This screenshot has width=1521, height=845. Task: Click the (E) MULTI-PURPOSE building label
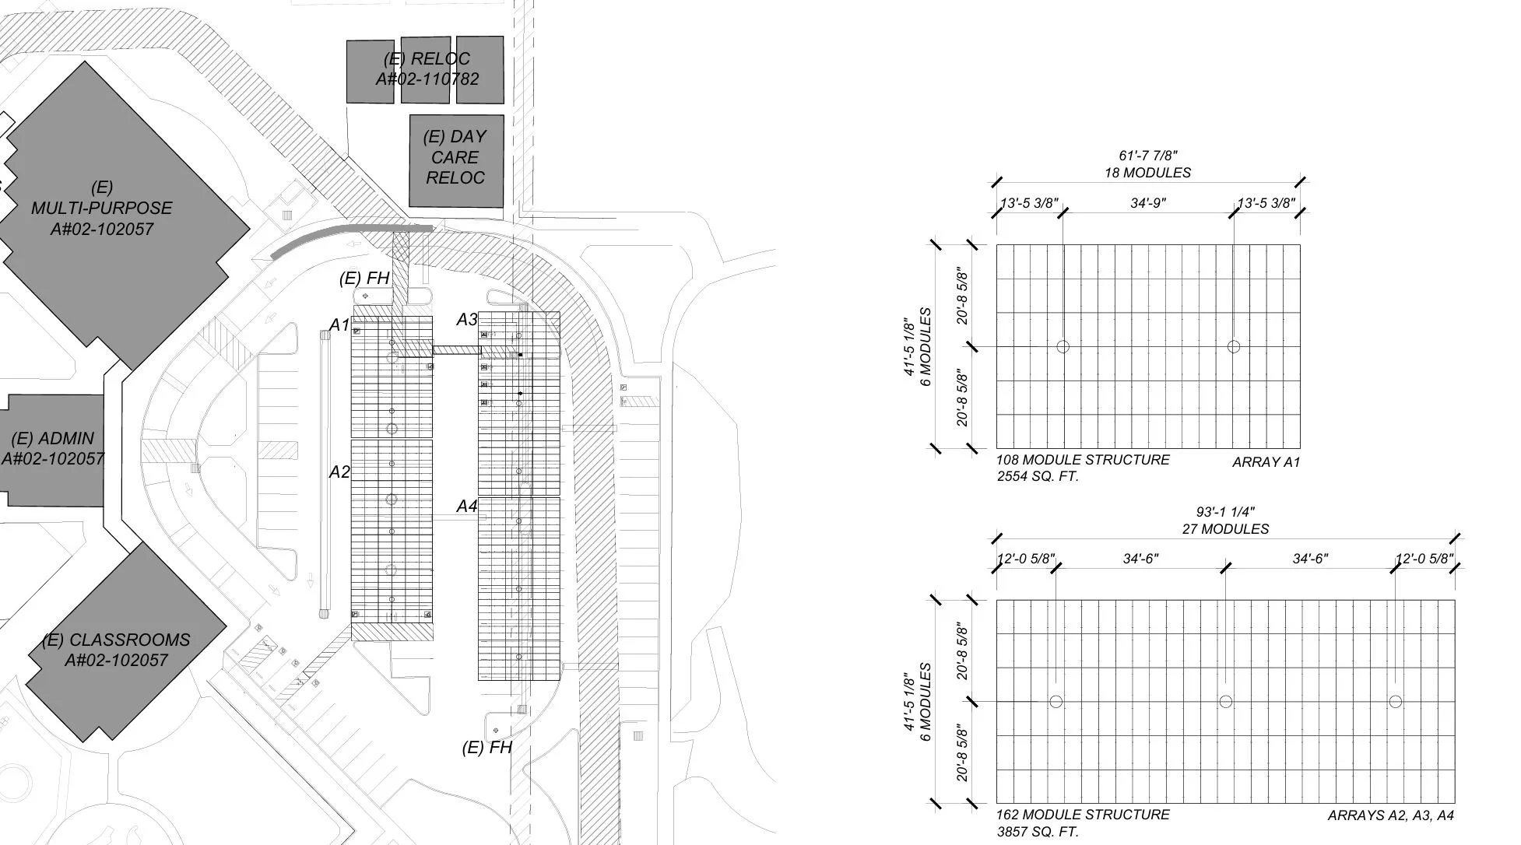point(101,209)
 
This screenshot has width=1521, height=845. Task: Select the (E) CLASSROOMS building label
point(116,650)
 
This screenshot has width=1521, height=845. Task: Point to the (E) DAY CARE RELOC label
point(455,157)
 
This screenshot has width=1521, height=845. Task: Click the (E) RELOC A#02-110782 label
point(427,68)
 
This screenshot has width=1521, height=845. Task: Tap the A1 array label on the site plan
point(339,324)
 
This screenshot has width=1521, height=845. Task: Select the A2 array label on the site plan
point(339,472)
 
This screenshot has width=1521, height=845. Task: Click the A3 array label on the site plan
point(466,319)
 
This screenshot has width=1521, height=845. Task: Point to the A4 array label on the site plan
point(466,506)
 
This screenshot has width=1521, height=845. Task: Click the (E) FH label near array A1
point(364,278)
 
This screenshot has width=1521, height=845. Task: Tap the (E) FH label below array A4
point(487,748)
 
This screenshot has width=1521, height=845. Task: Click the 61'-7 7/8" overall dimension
point(1148,156)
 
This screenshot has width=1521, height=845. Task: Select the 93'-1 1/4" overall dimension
point(1225,512)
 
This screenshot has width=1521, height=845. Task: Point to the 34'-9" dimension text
point(1148,203)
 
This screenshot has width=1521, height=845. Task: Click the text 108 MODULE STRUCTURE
point(1083,460)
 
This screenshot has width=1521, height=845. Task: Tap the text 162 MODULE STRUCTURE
point(1083,815)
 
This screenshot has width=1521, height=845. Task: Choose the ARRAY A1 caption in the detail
point(1266,462)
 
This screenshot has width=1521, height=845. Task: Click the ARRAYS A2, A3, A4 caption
point(1390,815)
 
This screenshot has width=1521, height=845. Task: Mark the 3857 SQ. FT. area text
point(1038,832)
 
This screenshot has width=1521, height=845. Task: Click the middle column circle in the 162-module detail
point(1225,702)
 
